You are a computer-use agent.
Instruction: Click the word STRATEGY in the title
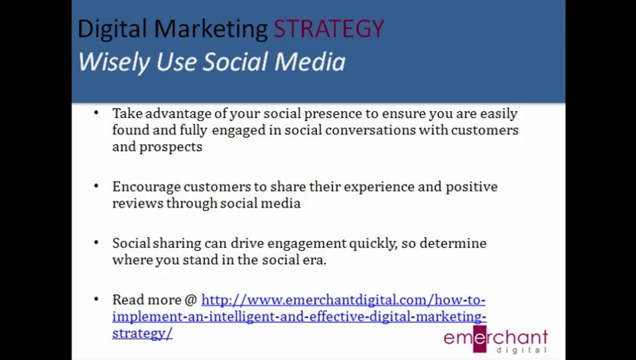[329, 28]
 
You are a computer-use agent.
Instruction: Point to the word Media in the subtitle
[310, 62]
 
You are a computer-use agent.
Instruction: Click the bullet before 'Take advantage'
[96, 113]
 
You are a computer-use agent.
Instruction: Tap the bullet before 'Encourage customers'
[96, 186]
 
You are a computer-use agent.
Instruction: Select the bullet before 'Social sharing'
[96, 242]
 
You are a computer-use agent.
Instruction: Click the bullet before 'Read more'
[96, 299]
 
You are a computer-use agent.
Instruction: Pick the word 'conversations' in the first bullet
[370, 130]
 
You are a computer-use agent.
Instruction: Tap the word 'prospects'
[170, 147]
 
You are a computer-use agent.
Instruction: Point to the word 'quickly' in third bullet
[373, 244]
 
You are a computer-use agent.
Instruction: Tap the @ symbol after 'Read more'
[190, 300]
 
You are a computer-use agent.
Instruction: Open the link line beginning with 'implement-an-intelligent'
[299, 317]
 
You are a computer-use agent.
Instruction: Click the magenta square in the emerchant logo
[479, 339]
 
